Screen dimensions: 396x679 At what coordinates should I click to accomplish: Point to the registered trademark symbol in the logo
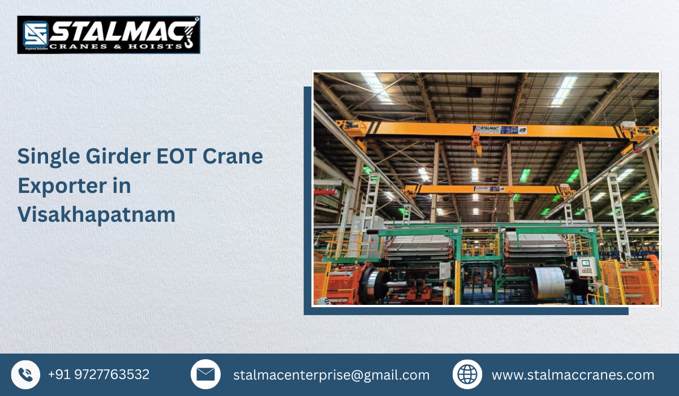tap(196, 20)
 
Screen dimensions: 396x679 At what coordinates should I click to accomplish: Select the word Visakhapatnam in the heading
tap(96, 214)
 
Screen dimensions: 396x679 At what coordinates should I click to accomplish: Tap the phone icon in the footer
tap(25, 375)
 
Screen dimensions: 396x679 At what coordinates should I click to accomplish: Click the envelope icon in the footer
tap(205, 375)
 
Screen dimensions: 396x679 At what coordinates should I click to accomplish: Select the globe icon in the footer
tap(467, 375)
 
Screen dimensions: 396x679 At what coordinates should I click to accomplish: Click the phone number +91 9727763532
tap(98, 375)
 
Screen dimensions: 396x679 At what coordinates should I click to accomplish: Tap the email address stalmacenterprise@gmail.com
tap(331, 375)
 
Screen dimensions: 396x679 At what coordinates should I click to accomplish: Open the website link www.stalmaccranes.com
tap(573, 375)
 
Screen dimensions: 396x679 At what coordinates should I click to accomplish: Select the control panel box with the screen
tap(587, 266)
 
